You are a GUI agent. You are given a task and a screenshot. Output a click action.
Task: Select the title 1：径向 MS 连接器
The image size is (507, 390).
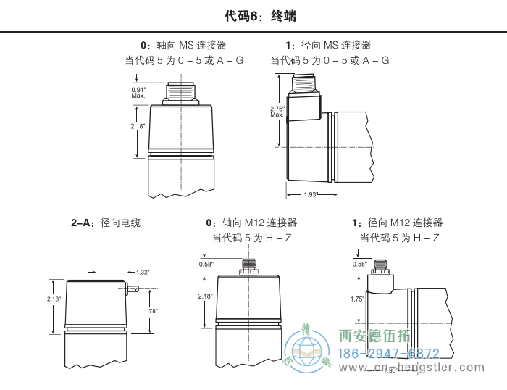(x=328, y=45)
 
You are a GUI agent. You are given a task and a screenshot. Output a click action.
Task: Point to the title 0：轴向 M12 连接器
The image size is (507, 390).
(x=251, y=223)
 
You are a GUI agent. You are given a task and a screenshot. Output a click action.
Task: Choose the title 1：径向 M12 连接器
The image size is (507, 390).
(x=397, y=223)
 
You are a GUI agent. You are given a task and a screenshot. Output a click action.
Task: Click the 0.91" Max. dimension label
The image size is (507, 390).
(x=138, y=92)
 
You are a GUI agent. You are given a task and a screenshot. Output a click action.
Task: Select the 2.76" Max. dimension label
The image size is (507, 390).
(x=277, y=112)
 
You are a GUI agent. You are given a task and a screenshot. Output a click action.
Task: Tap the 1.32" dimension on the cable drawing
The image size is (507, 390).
(x=143, y=273)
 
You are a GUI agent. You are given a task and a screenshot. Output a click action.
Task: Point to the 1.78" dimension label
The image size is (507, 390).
(x=151, y=311)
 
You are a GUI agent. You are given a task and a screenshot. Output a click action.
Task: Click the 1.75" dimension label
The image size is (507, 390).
(x=356, y=299)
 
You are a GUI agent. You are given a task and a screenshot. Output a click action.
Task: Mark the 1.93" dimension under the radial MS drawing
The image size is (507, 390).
(x=311, y=194)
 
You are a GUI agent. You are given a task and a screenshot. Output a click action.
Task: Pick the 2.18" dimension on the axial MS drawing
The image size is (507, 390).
(x=138, y=127)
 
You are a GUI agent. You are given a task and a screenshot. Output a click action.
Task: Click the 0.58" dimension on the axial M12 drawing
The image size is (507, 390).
(x=206, y=265)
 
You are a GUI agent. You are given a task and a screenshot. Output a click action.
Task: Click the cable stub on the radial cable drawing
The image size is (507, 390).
(x=133, y=289)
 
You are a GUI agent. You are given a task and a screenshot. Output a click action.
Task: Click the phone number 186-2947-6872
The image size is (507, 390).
(x=390, y=354)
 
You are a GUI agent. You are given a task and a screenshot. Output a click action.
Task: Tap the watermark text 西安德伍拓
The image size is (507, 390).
(x=375, y=336)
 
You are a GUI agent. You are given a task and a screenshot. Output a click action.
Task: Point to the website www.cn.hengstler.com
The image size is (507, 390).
(x=424, y=368)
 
